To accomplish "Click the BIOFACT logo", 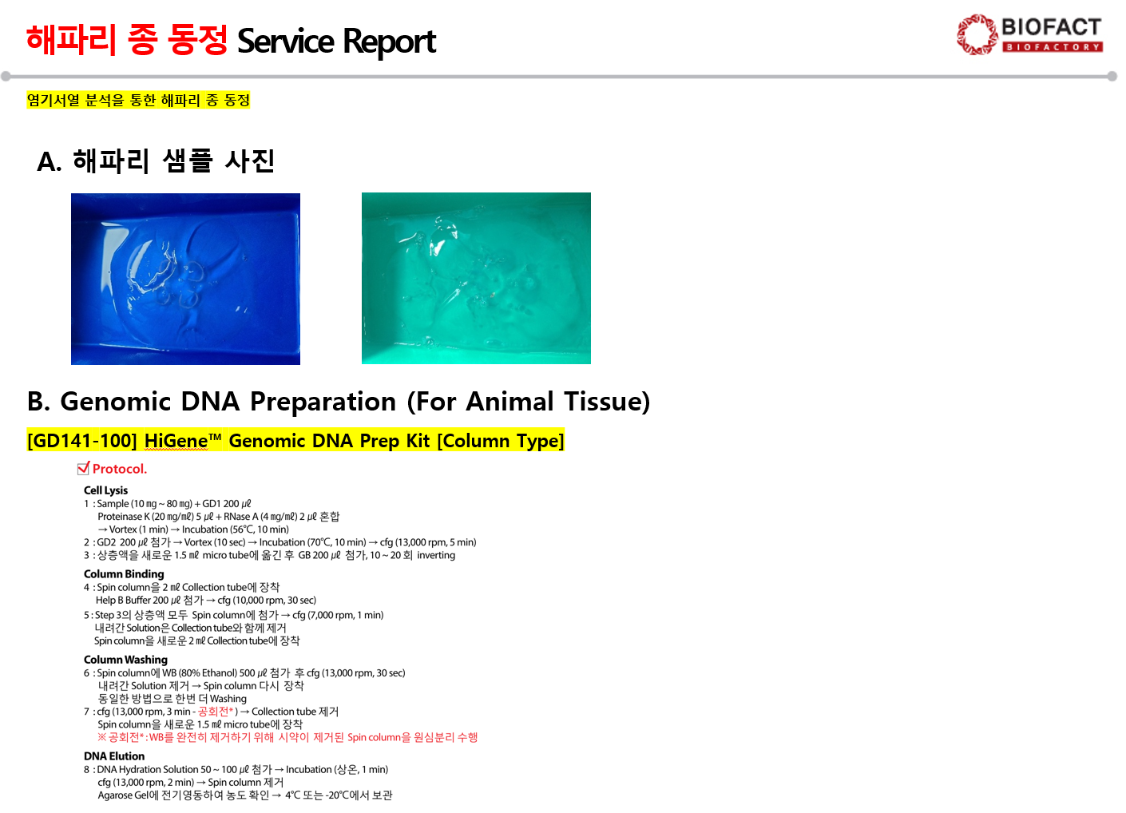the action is pos(1030,34).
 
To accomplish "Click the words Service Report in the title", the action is pos(336,42).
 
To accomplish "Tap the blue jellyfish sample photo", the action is pos(185,279).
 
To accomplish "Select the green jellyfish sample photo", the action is pos(476,278).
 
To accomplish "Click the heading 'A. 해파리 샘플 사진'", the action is pos(156,161).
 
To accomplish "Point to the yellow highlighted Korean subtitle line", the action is pos(138,100).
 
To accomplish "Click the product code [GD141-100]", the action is pos(82,441).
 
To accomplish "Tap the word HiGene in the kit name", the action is pos(176,441).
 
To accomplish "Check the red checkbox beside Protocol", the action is pos(83,468).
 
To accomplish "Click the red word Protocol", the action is pos(120,469).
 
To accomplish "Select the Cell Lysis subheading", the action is pos(105,490).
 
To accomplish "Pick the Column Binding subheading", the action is pos(124,574).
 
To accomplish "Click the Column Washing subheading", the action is pos(125,660).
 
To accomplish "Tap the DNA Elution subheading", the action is pos(114,756).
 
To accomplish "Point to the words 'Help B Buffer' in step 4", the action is pos(123,600).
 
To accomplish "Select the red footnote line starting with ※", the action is pos(287,737).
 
